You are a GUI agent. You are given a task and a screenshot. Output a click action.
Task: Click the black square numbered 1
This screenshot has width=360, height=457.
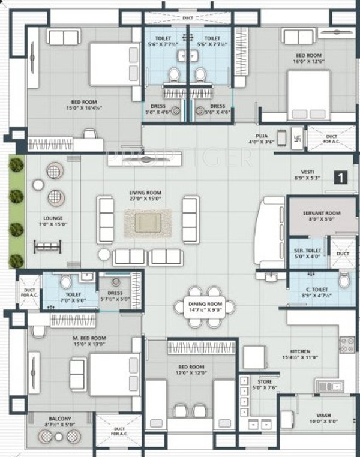click(341, 177)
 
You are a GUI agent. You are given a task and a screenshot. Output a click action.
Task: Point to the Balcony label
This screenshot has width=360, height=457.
click(61, 422)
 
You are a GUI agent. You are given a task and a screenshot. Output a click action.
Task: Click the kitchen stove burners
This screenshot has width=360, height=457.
click(347, 343)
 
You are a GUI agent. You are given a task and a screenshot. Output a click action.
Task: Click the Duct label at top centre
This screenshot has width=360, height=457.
click(187, 18)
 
